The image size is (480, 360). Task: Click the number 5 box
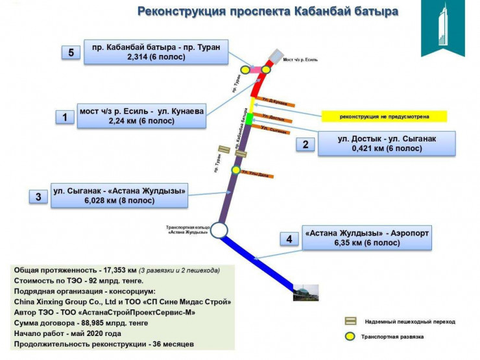[x=71, y=53]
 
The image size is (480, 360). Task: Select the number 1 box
[x=65, y=117]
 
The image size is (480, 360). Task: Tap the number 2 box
[x=306, y=145]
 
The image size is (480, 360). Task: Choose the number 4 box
[x=289, y=239]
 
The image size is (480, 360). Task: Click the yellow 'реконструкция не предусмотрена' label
[x=385, y=117]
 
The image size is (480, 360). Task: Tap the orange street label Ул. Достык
[x=272, y=119]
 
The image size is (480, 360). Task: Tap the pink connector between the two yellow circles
[x=256, y=69]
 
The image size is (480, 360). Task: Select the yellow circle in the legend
[x=350, y=336]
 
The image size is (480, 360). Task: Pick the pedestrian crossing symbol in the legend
[x=350, y=321]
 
